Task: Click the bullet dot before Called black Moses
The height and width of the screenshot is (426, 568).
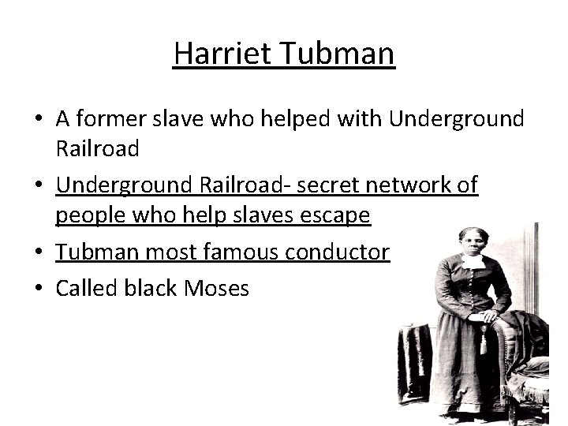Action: coord(39,289)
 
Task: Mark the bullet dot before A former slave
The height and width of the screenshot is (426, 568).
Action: coord(39,120)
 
